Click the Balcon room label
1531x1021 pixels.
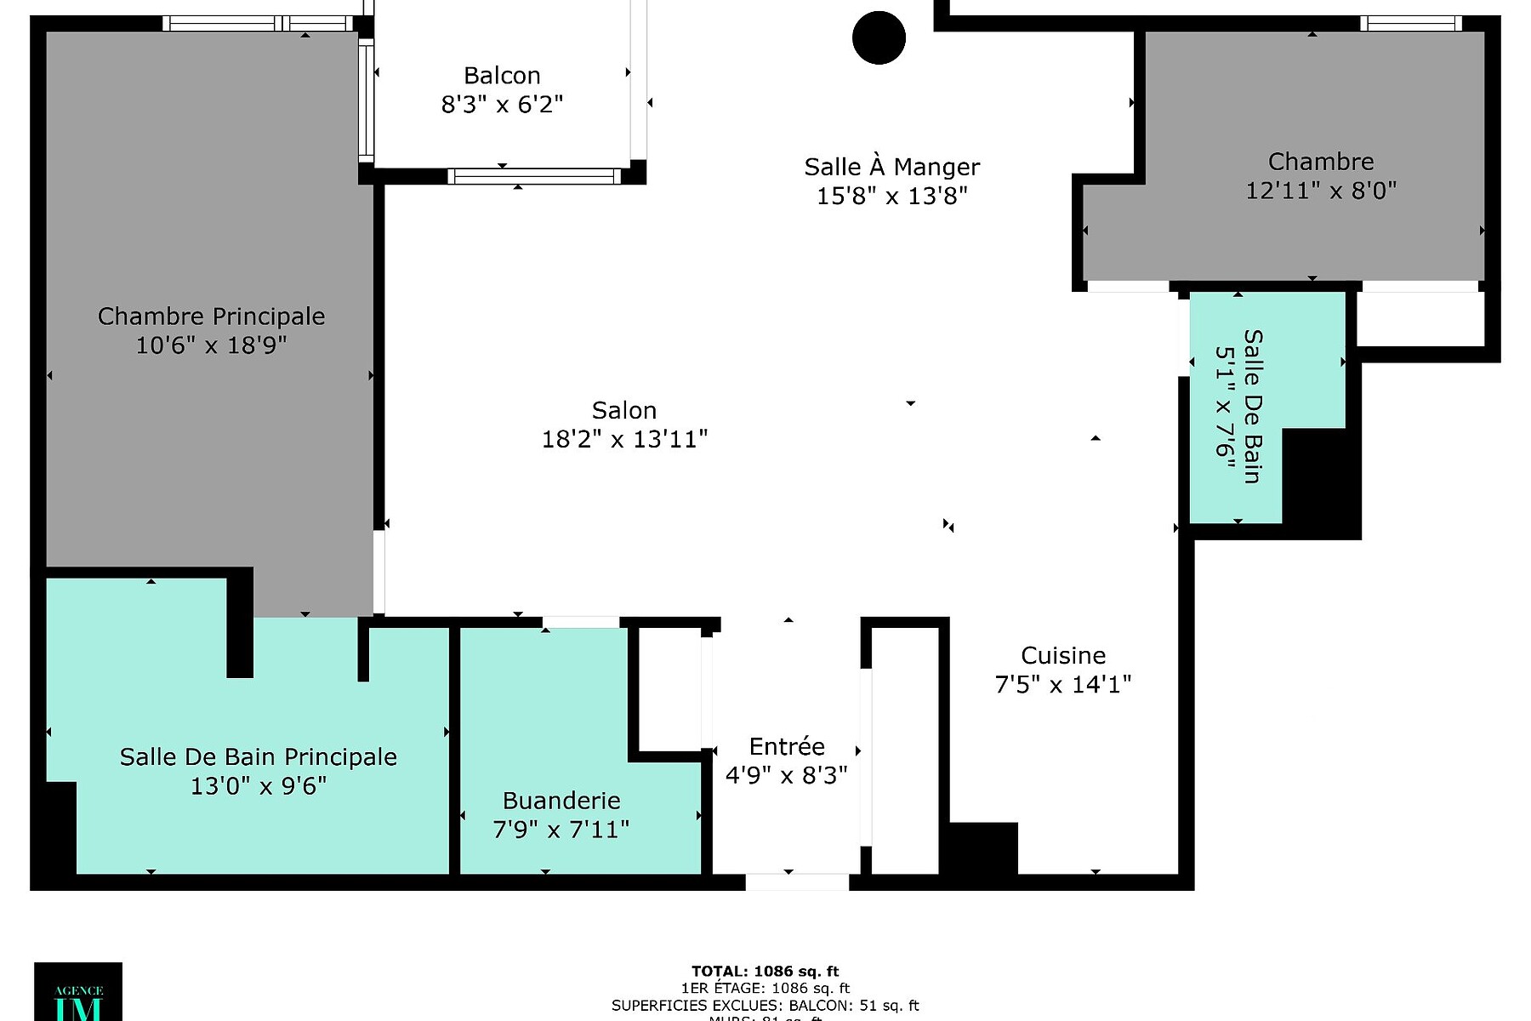502,76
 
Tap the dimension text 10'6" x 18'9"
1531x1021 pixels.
211,345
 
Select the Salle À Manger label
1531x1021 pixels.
891,167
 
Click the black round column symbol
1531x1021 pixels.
879,37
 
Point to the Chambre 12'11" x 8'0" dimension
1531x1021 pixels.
1321,191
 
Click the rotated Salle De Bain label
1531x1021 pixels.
1253,406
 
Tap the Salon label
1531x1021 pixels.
624,410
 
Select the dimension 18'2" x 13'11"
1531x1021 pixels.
624,439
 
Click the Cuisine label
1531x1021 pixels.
1063,655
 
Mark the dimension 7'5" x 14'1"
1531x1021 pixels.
1063,684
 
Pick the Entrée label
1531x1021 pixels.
787,746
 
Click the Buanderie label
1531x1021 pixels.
561,801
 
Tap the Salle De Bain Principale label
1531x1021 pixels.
258,756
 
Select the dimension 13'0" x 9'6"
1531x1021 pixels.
258,785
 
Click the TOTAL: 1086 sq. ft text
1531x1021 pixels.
765,971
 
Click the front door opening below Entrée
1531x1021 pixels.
797,882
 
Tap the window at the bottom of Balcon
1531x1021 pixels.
534,176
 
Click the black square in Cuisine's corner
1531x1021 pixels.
983,847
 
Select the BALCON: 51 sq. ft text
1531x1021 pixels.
853,1006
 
